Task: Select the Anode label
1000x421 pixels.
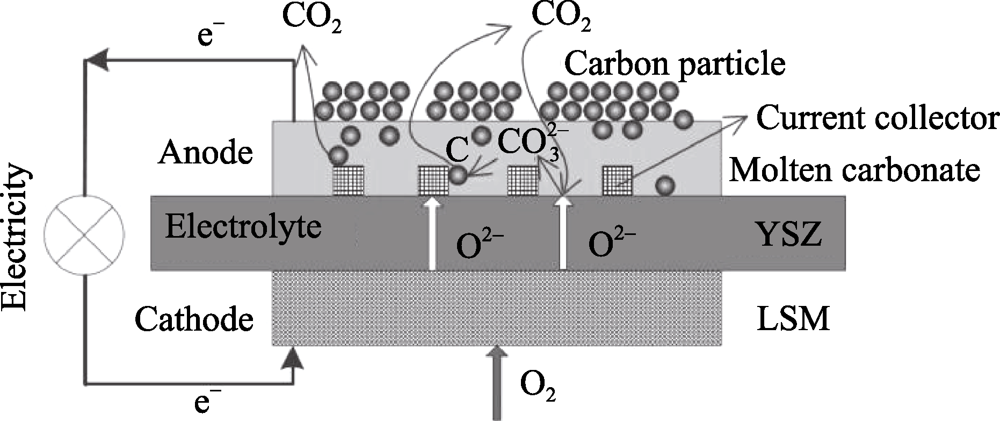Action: (205, 153)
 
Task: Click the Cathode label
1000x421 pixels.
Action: (194, 320)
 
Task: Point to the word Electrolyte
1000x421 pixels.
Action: (243, 226)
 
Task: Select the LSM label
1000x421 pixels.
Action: (793, 319)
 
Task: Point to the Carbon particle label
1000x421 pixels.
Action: (675, 63)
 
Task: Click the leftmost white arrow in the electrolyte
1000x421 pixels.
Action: (431, 234)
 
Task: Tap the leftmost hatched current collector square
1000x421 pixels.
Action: (349, 180)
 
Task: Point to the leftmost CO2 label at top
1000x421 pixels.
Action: (311, 19)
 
